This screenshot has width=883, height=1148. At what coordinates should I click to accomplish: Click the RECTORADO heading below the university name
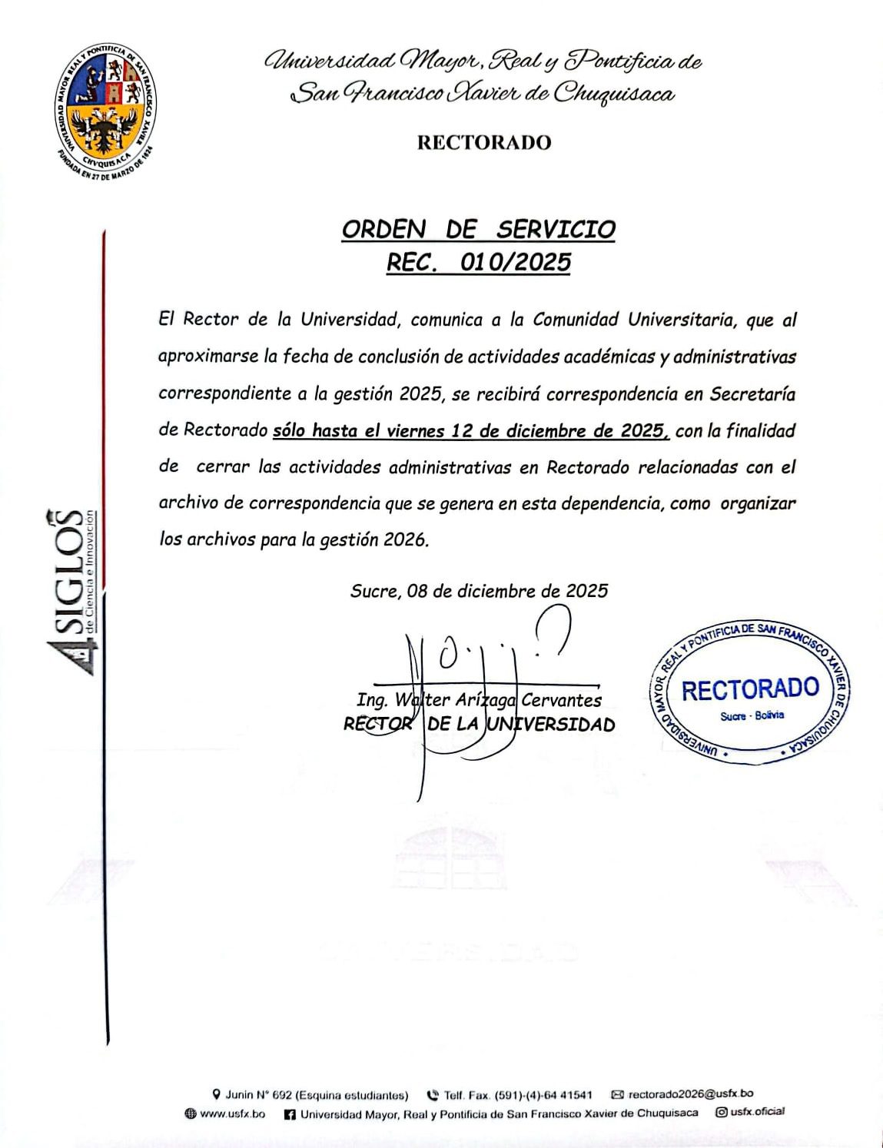pyautogui.click(x=484, y=143)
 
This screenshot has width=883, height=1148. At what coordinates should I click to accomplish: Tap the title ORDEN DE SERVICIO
pyautogui.click(x=478, y=229)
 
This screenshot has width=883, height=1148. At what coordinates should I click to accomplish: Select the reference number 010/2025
pyautogui.click(x=515, y=263)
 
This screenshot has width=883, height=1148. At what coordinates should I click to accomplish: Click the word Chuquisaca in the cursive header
pyautogui.click(x=614, y=95)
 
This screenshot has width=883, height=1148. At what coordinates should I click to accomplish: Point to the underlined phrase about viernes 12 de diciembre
pyautogui.click(x=471, y=431)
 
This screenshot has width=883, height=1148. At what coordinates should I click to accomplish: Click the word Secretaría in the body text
pyautogui.click(x=752, y=394)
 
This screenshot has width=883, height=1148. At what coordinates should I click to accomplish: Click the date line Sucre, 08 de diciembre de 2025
pyautogui.click(x=479, y=591)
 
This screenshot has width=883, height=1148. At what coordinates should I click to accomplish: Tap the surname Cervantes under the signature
pyautogui.click(x=561, y=700)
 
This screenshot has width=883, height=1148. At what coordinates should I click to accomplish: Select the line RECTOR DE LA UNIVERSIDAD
pyautogui.click(x=479, y=725)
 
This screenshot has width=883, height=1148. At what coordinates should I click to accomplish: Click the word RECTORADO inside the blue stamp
pyautogui.click(x=750, y=689)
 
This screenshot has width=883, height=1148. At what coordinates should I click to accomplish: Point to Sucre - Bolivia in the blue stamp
pyautogui.click(x=752, y=715)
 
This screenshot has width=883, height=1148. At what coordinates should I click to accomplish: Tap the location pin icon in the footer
pyautogui.click(x=217, y=1094)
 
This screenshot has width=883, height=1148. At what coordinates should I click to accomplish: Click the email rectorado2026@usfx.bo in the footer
pyautogui.click(x=690, y=1093)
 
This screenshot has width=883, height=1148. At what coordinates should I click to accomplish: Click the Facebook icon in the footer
pyautogui.click(x=290, y=1113)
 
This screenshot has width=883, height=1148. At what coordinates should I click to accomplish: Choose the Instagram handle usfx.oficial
pyautogui.click(x=757, y=1112)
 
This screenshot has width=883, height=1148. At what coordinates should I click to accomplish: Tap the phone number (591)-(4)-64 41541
pyautogui.click(x=542, y=1094)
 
